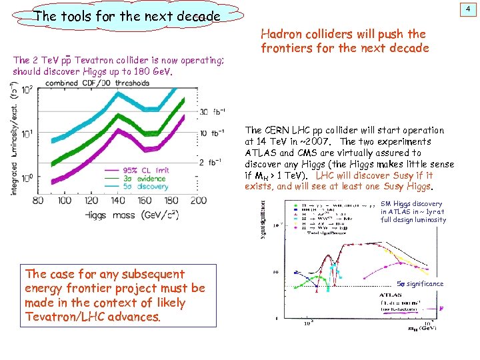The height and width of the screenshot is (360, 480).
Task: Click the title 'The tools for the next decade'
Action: coord(127,15)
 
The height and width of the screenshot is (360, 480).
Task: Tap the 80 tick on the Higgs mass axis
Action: coord(56,200)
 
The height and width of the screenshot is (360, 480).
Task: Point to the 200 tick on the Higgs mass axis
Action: coord(199,200)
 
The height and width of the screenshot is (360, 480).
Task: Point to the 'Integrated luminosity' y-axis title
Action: coord(14,140)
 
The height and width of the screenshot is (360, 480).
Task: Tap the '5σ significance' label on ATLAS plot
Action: coord(420,284)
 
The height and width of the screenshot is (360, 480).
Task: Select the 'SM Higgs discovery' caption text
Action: coord(411,204)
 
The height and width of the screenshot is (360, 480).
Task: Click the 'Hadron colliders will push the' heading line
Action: coord(343,33)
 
